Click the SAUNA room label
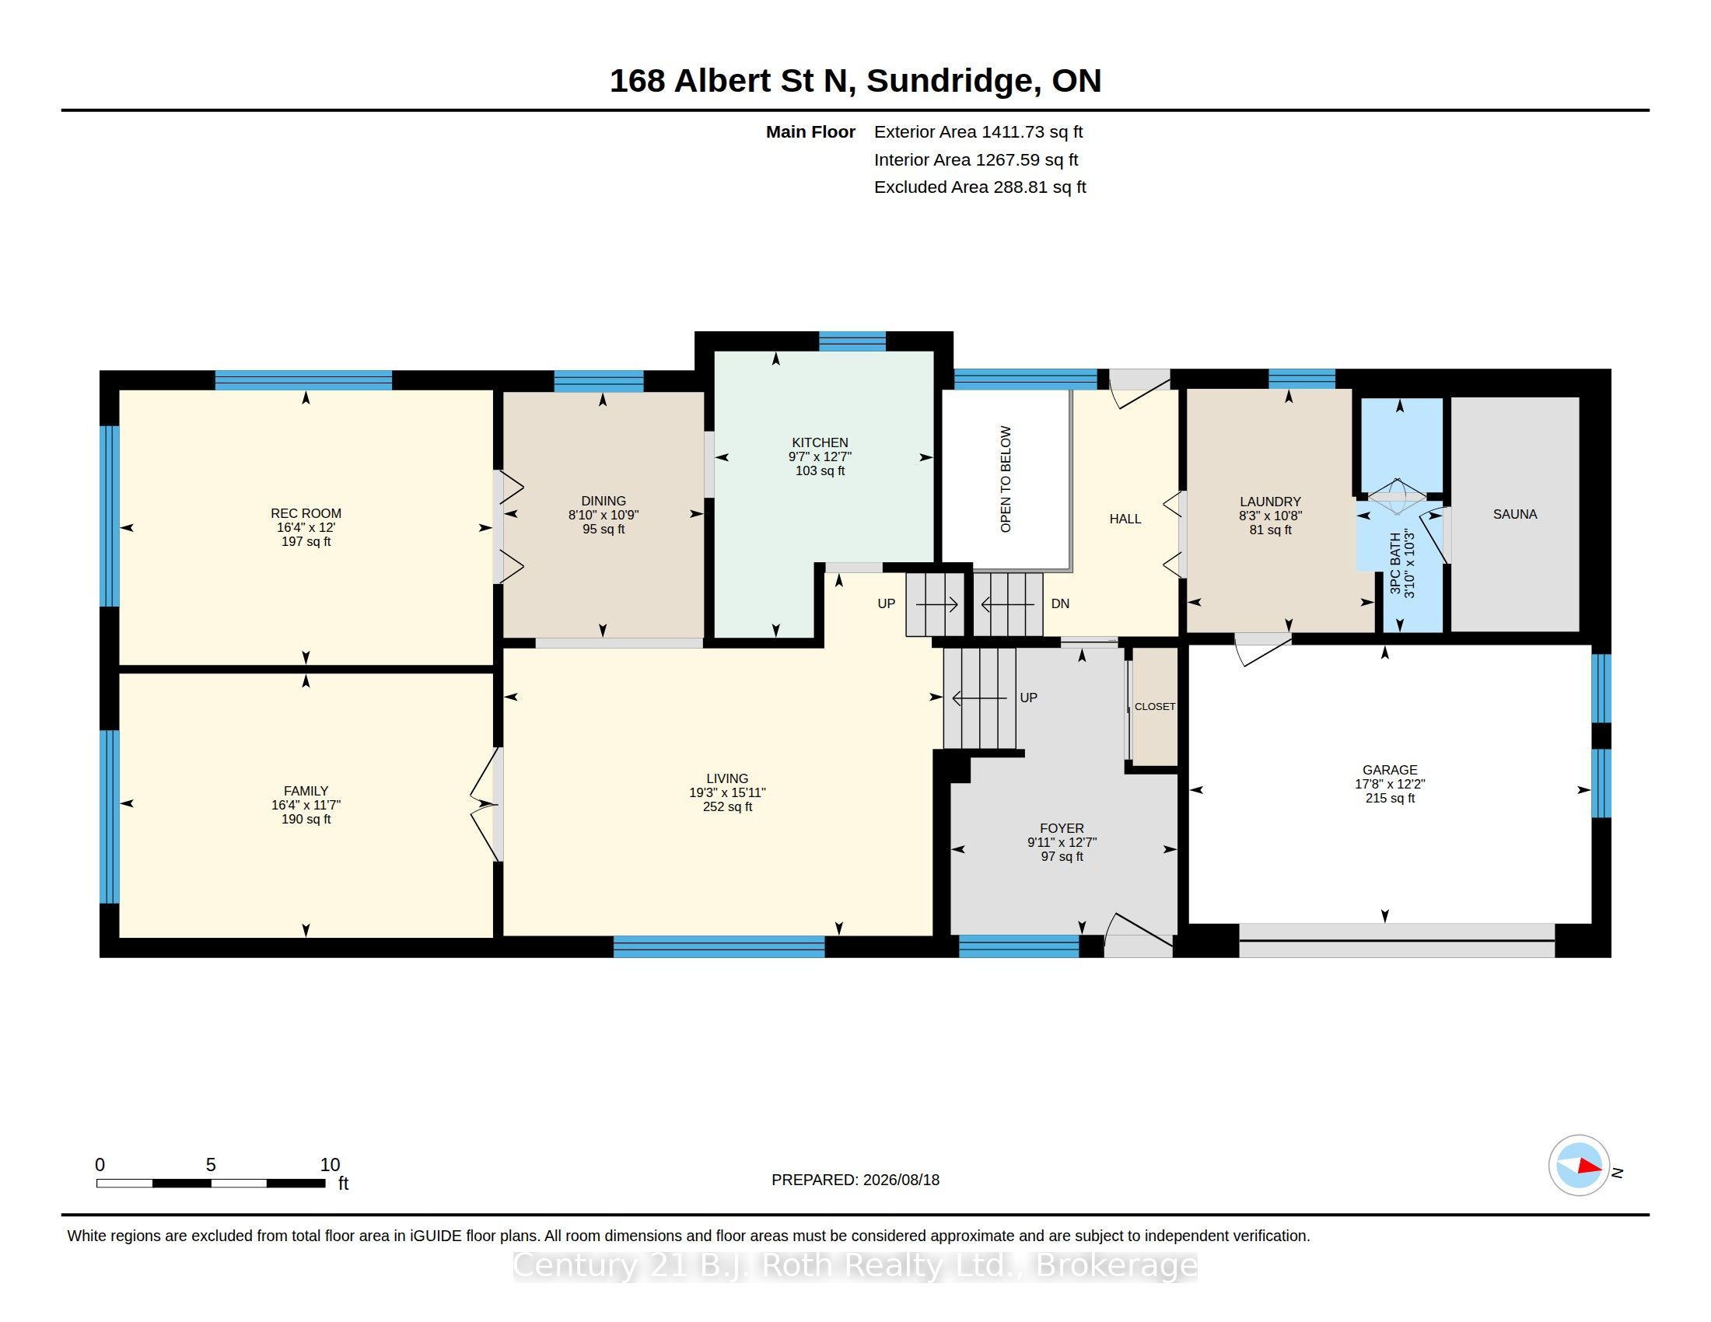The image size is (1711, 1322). (1514, 515)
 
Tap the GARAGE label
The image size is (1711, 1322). (1390, 770)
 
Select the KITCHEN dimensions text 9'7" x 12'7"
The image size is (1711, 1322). (820, 456)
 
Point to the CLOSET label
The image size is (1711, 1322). (1155, 706)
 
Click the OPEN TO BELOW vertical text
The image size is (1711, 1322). (1006, 479)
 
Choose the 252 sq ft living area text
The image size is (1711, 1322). (727, 806)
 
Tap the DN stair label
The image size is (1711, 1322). (1060, 603)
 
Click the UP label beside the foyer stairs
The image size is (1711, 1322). (1029, 698)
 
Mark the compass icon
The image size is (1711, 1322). (1579, 1166)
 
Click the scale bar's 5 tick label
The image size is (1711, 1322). (211, 1165)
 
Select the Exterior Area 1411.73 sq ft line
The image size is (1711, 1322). (978, 132)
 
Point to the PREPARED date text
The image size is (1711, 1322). (855, 1180)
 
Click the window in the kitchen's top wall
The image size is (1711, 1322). (852, 341)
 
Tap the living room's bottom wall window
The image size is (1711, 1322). (719, 947)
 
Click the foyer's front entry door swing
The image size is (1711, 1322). (1139, 934)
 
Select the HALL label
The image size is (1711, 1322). (1125, 519)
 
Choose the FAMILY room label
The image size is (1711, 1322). (306, 791)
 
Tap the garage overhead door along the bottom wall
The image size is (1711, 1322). (1396, 941)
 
